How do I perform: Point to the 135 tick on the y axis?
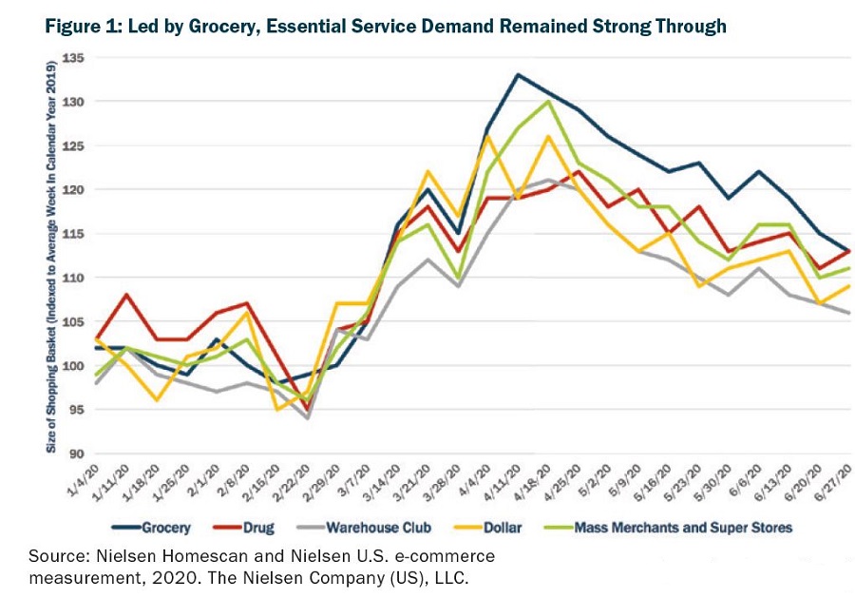click(73, 57)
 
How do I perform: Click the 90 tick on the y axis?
click(76, 453)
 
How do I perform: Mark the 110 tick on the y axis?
click(73, 278)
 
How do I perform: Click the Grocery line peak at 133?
click(517, 74)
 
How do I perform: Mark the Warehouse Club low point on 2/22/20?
click(307, 418)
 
